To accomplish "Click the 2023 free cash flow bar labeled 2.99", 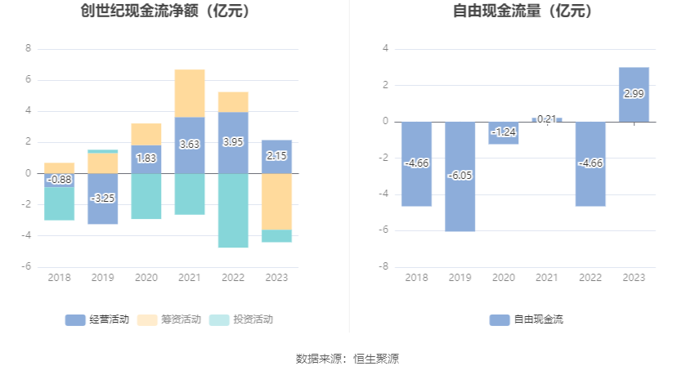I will point(634,95).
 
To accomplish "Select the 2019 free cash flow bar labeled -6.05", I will point(460,176).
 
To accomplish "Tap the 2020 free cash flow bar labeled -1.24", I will point(504,132).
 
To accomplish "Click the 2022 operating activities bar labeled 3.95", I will point(233,142).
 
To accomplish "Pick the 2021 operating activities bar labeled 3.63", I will point(190,145).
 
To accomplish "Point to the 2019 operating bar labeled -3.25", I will point(103,198).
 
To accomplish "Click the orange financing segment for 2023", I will point(276,201).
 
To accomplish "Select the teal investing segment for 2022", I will point(233,210).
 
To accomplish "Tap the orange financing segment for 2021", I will point(190,93).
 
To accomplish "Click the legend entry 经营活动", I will point(97,319).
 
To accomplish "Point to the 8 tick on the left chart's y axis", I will point(29,48).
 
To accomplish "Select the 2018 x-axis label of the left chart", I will point(60,278).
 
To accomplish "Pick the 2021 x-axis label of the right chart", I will point(547,278).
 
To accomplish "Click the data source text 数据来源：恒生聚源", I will point(347,359).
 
